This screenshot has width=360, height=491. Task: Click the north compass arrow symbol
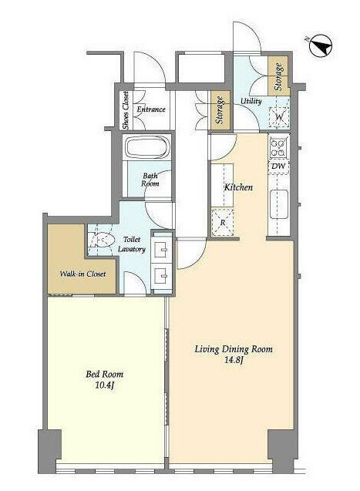321,45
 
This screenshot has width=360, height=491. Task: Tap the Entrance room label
151,109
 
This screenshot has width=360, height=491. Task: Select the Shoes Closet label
126,110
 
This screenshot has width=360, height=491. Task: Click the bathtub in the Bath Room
147,147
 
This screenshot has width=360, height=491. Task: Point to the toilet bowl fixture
100,240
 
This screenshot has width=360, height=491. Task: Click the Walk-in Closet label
82,274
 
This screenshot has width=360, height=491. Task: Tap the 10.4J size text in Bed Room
104,385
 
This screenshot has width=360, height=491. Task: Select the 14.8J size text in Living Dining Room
234,360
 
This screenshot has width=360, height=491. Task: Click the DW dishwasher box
278,166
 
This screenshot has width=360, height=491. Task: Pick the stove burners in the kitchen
278,148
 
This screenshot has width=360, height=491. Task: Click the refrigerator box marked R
223,223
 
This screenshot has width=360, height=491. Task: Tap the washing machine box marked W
279,117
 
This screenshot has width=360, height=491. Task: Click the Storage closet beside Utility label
278,76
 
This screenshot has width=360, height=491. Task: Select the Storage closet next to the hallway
220,110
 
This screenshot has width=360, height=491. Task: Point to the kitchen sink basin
278,204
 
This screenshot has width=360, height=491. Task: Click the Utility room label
251,101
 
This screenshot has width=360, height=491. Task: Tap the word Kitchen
238,187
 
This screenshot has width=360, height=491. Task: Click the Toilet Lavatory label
132,244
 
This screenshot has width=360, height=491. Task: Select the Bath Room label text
150,180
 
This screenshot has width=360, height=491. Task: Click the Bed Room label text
105,374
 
